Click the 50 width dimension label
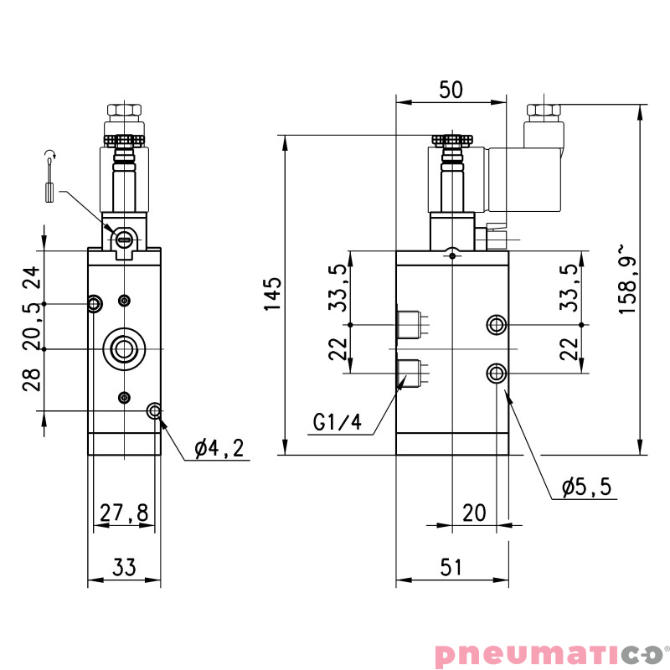coord(451,90)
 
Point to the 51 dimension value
coord(451,568)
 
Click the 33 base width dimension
coord(124,568)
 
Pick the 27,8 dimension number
coord(124,513)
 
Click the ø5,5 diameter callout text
coord(587,487)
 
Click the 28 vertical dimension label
coord(31,380)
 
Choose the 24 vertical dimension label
coord(31,277)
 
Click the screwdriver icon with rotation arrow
coord(50,178)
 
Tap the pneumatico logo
coord(548,652)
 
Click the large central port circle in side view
coord(124,348)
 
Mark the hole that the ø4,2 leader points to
coord(154,410)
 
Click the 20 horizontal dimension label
coord(474,513)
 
